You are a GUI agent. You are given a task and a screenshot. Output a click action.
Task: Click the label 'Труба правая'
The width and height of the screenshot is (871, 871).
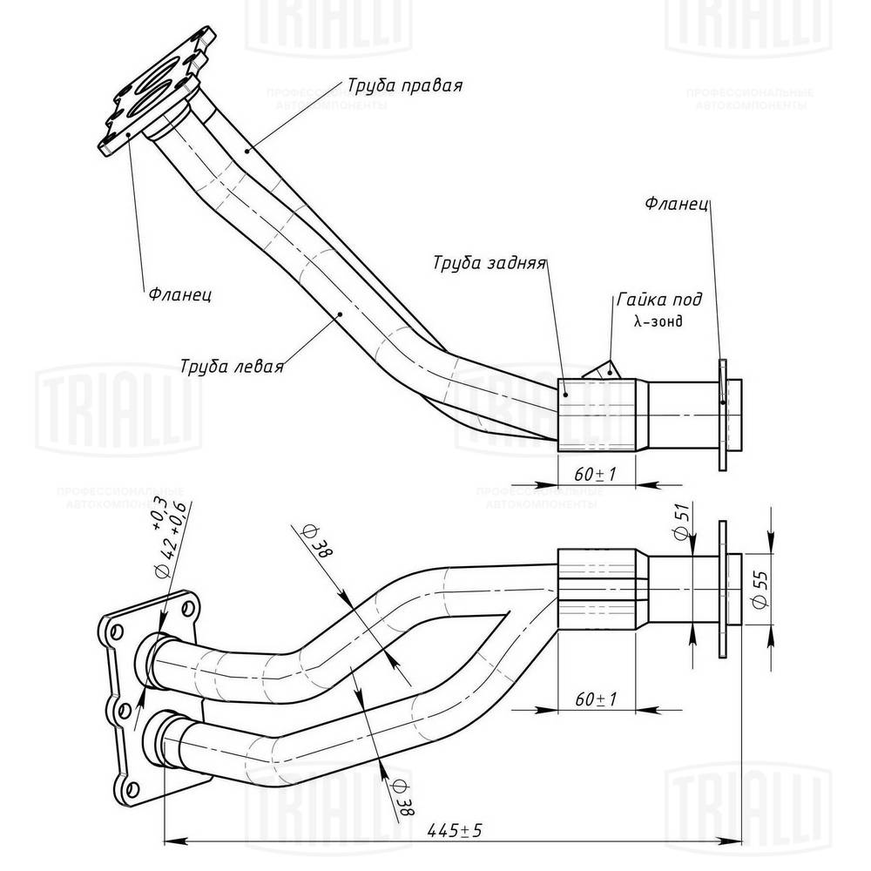(x=404, y=85)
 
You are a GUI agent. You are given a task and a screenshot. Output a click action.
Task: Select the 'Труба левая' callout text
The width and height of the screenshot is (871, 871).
(x=233, y=365)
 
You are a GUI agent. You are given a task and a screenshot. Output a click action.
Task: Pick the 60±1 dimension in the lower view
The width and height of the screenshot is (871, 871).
(x=598, y=699)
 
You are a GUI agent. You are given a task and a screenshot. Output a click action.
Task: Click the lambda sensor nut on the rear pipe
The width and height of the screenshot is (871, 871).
(x=600, y=370)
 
